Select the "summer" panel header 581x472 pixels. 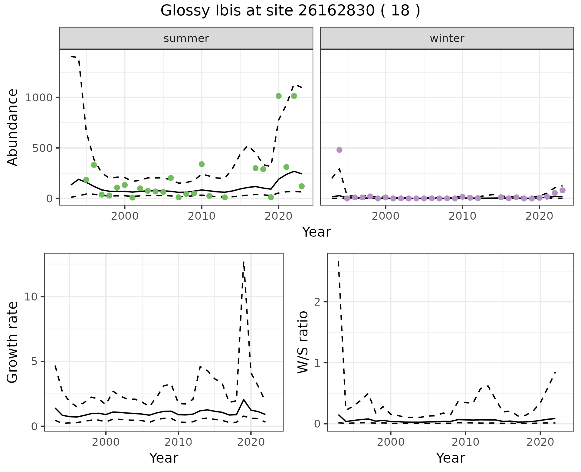[x=186, y=38]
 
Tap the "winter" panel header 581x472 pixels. [x=447, y=38]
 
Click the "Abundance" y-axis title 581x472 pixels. [x=13, y=127]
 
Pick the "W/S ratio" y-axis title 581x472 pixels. [x=303, y=342]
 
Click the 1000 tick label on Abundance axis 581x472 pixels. [x=39, y=98]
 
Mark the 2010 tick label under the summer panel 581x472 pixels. [x=201, y=216]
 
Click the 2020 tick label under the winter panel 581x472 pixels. [x=539, y=216]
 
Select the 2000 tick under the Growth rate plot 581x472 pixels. [x=106, y=442]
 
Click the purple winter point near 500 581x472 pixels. [x=339, y=150]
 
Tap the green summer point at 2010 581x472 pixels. [x=202, y=164]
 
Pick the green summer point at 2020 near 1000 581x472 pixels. [x=279, y=96]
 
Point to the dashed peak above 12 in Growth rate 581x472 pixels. [x=244, y=262]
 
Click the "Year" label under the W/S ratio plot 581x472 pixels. [x=450, y=458]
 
